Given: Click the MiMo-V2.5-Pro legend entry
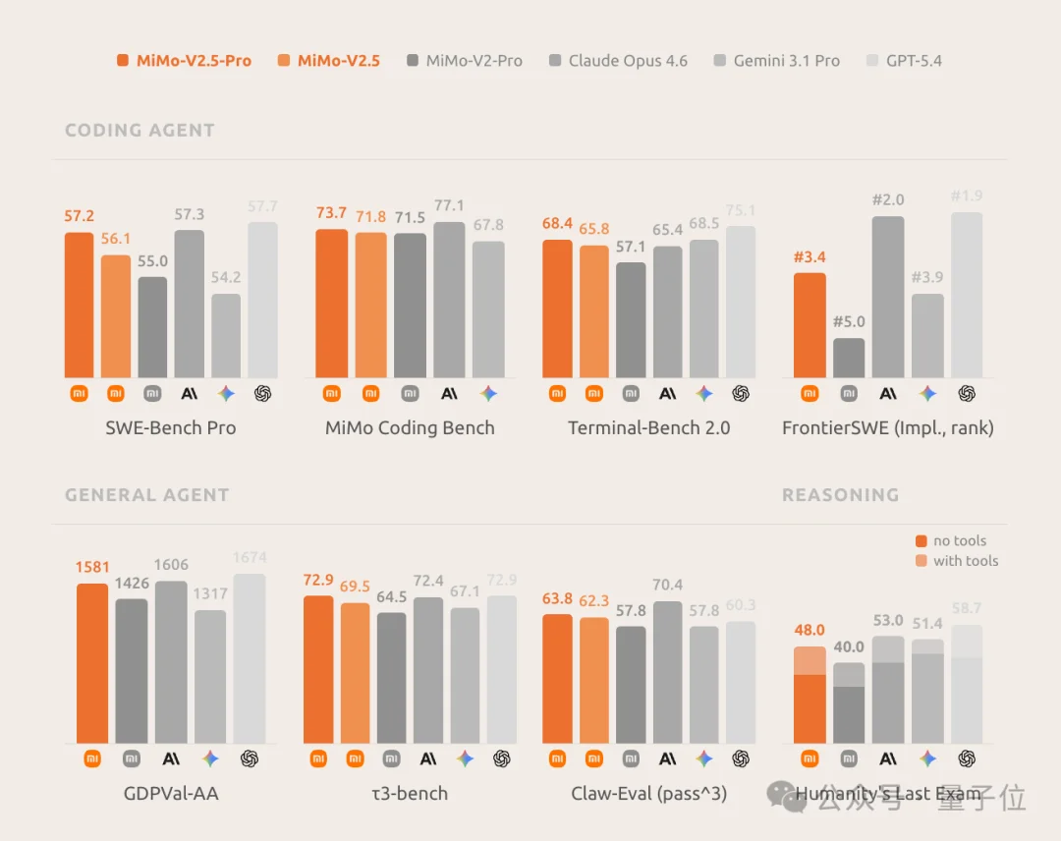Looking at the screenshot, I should tap(185, 61).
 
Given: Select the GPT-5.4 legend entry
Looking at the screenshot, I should tap(903, 61).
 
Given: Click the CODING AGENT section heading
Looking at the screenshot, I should tap(140, 131).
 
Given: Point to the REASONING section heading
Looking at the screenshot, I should tap(840, 495).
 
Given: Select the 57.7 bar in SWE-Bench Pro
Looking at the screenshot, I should tap(262, 300).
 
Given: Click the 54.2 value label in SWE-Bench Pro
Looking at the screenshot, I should tap(226, 278).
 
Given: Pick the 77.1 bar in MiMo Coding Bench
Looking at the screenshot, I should tap(449, 300).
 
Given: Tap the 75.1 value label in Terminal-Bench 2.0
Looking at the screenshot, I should tap(741, 210).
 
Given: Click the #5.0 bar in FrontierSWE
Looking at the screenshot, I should tap(849, 358).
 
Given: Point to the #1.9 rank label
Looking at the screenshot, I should tap(967, 196).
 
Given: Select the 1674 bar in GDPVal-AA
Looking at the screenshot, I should tap(250, 658).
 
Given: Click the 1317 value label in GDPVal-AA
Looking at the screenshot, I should tap(210, 594).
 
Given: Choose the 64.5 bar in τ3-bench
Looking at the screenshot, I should tap(391, 678).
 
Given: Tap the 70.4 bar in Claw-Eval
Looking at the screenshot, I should tap(667, 672).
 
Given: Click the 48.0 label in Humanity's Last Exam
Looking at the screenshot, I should tap(810, 631).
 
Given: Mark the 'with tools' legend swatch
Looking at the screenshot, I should tap(921, 561).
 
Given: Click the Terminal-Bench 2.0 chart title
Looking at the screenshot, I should tap(648, 428).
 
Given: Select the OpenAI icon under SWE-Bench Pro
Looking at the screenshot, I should tap(262, 393).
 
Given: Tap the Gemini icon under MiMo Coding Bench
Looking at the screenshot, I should tap(488, 393).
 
